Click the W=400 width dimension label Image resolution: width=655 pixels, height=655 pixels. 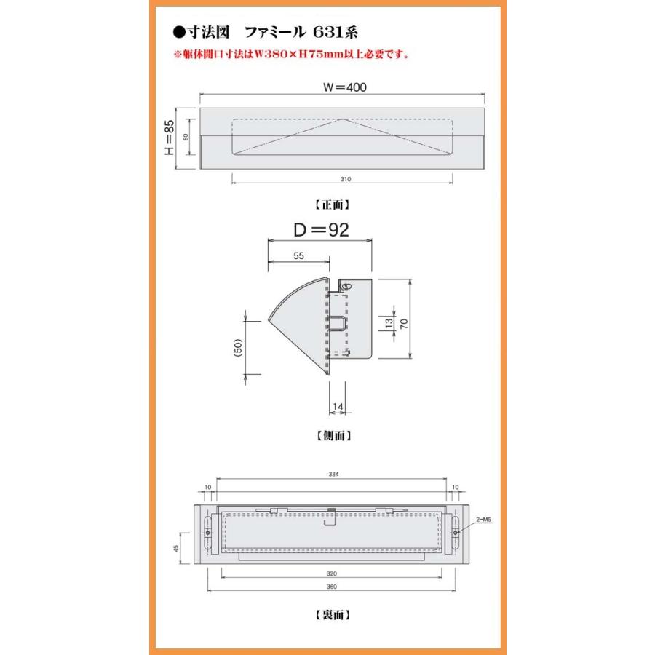coord(345,87)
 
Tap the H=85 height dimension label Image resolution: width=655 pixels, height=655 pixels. coord(169,138)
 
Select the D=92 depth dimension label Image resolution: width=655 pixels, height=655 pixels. coord(321,229)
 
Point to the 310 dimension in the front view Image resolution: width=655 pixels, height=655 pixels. coord(346,179)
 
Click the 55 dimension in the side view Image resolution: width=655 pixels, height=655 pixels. coord(298,255)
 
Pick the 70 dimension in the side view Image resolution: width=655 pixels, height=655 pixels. coord(404,323)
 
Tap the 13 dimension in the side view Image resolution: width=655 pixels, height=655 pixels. coord(389,323)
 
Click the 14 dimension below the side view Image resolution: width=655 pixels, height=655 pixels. coord(338,406)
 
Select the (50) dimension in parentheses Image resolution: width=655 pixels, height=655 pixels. coord(238,348)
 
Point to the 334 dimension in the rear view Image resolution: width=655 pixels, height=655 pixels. coord(333,474)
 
